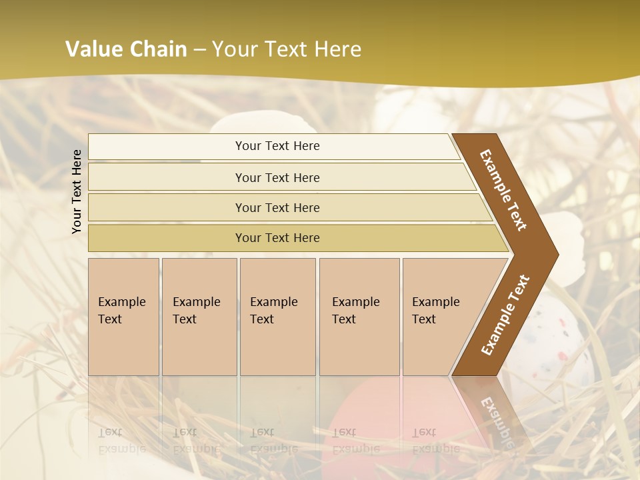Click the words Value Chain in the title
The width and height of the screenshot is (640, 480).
tap(126, 49)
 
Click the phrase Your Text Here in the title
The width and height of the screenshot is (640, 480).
tap(287, 49)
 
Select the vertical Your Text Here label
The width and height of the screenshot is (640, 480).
tap(77, 191)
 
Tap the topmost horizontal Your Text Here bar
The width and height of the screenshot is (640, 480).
tap(277, 146)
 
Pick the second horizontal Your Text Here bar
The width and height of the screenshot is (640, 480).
tap(277, 177)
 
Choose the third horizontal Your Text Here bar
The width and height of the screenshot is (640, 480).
tap(277, 207)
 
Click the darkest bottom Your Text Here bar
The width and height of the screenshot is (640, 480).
tap(277, 238)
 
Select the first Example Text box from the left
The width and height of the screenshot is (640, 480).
tap(123, 317)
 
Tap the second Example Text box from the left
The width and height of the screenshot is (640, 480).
tap(199, 317)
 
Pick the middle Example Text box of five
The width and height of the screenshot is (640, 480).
tap(277, 317)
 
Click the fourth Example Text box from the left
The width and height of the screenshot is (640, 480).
tap(359, 317)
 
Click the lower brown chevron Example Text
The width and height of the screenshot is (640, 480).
tap(505, 315)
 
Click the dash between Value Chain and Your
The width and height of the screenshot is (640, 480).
tap(199, 49)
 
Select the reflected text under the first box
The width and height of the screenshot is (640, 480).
tap(121, 440)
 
